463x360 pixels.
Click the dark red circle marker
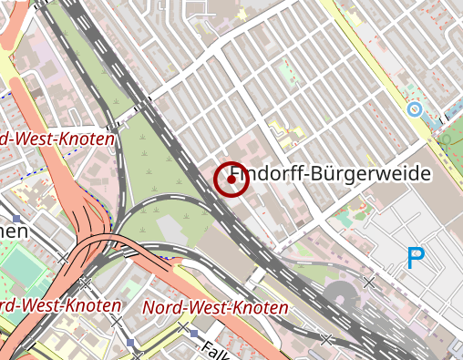click(x=231, y=180)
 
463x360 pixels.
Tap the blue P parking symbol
click(x=416, y=259)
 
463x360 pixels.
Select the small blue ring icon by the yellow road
click(x=414, y=110)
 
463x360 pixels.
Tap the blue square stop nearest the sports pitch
click(x=17, y=219)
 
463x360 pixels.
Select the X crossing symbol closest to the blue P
click(x=369, y=282)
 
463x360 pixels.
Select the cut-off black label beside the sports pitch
click(x=13, y=231)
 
